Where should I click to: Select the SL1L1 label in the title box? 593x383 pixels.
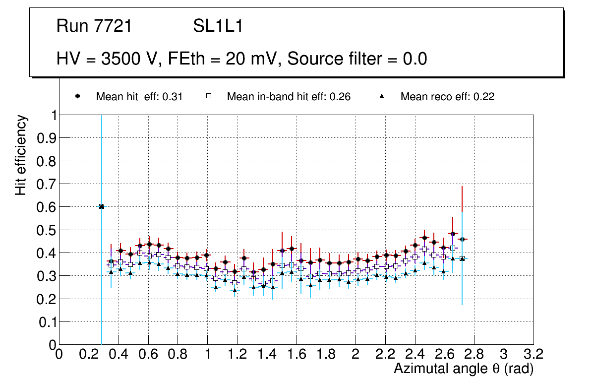tap(218, 26)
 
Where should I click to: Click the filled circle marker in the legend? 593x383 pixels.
tap(77, 96)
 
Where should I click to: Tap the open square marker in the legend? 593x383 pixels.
tap(209, 96)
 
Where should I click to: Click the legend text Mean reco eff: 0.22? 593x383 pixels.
tap(447, 97)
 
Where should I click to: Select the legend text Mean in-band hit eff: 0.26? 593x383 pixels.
tap(289, 97)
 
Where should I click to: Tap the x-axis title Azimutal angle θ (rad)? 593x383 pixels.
tap(464, 369)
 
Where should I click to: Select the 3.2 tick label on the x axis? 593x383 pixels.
tap(534, 355)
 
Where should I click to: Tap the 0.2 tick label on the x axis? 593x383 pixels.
tap(89, 355)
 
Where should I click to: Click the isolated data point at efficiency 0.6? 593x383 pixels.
tap(102, 206)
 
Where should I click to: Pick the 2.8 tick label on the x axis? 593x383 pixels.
tap(474, 355)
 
